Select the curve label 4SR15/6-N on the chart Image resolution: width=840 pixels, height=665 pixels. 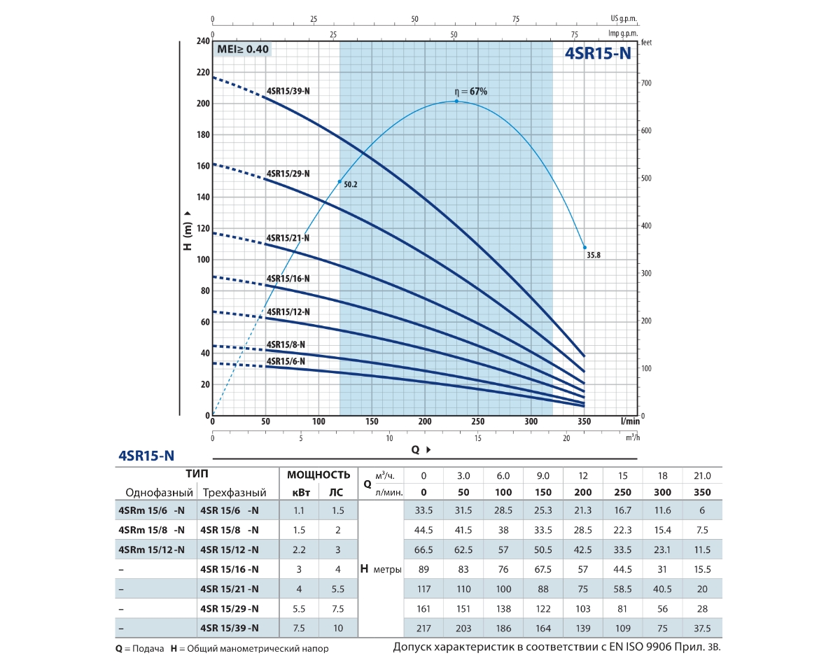click(x=286, y=361)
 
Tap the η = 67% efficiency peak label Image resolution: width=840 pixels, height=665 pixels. click(x=470, y=92)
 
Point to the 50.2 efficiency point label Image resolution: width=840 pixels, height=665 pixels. click(x=350, y=185)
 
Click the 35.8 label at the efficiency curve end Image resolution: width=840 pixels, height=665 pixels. click(x=592, y=255)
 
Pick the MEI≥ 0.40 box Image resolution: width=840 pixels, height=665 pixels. click(x=242, y=49)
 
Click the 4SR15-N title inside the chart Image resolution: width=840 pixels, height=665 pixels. click(x=598, y=54)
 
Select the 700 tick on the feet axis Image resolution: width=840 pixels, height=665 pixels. click(x=647, y=83)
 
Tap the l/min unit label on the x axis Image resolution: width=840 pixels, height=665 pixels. click(x=630, y=421)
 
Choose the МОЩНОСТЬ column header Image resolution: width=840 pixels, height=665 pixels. click(x=318, y=475)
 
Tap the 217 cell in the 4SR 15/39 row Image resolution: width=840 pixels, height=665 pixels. click(x=423, y=628)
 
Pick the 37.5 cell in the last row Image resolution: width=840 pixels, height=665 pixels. click(x=701, y=628)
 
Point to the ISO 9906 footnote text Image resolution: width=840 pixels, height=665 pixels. click(x=556, y=647)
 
